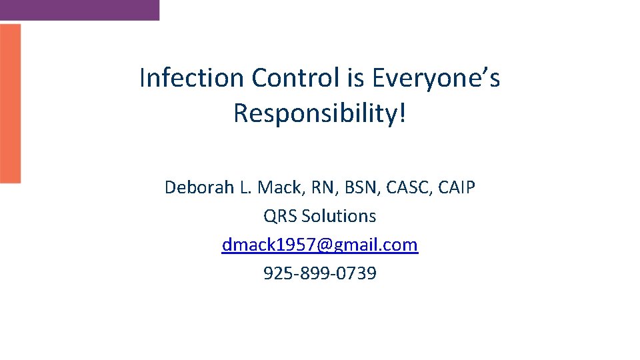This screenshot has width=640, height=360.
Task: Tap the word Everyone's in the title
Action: click(435, 79)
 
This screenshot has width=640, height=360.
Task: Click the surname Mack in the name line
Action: click(277, 188)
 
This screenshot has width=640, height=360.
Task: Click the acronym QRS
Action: click(280, 217)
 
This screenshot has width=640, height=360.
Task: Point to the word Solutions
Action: click(339, 217)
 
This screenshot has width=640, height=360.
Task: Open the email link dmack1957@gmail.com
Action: click(320, 245)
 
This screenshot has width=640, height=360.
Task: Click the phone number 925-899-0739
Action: click(320, 273)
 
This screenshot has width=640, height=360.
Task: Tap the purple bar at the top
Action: click(79, 9)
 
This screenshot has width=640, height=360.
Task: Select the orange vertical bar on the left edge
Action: click(10, 103)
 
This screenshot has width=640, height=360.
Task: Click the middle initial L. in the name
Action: click(245, 188)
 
